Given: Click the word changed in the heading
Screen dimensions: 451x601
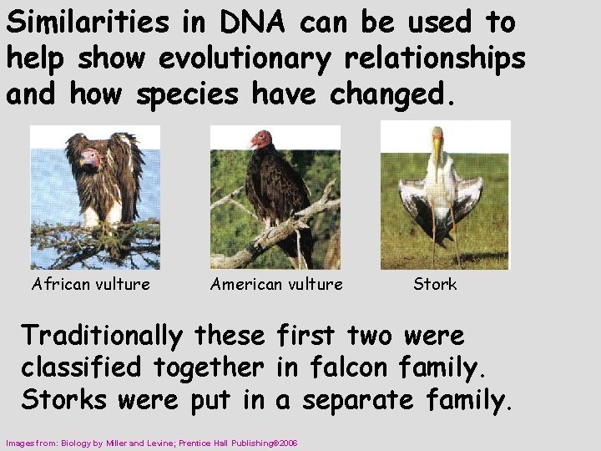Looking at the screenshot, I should coord(392,94).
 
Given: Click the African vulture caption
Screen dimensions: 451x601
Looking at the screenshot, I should coord(91,284).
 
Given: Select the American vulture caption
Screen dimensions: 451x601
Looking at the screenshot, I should coord(276,284).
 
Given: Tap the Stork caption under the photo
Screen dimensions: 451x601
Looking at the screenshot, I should coord(435,284).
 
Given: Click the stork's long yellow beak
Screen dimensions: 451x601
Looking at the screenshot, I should coord(437,154).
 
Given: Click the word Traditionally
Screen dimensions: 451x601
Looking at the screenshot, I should coord(102,336).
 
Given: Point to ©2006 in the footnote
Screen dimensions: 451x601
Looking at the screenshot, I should coord(283,442).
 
